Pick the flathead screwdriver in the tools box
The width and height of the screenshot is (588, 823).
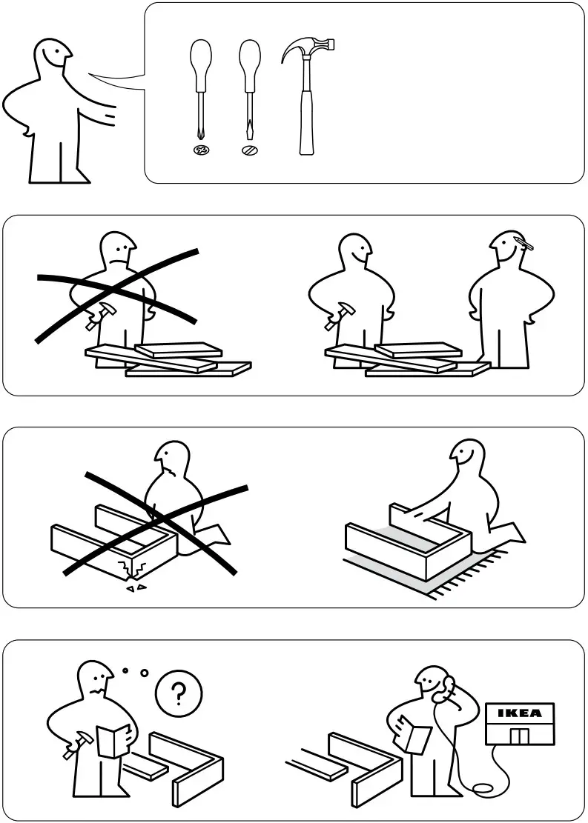250,89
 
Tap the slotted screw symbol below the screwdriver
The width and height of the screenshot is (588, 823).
250,150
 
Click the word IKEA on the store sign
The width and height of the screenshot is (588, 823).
519,713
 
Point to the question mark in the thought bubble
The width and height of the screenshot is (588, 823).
179,694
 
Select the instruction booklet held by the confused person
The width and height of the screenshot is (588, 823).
114,741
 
